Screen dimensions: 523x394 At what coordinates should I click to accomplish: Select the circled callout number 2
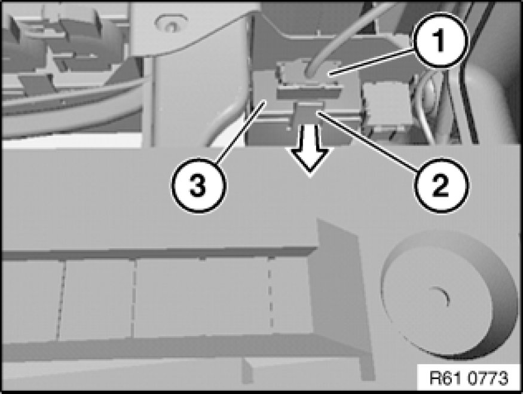coord(441,185)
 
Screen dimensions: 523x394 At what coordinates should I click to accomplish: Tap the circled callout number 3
coord(198,185)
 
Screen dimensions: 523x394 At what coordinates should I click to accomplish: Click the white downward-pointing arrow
coord(310,148)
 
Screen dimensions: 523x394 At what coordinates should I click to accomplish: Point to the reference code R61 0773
coord(469,378)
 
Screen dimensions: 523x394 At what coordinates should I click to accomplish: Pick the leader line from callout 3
coord(240,133)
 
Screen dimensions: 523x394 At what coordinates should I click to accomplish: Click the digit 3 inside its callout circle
coord(198,185)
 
